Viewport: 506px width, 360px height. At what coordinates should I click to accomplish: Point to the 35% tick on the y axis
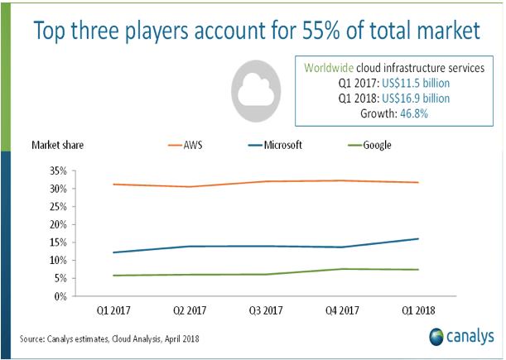tap(56, 170)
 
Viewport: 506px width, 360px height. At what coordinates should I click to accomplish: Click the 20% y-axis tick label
tap(56, 224)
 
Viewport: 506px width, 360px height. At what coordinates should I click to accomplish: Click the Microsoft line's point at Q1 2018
tap(418, 239)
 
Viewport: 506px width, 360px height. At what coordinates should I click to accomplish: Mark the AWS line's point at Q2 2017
tap(190, 187)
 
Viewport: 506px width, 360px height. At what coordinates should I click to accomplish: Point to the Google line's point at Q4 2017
tap(342, 269)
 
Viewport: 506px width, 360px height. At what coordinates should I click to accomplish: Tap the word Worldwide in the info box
tap(331, 67)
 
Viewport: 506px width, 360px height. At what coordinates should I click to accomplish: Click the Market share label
tap(58, 146)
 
